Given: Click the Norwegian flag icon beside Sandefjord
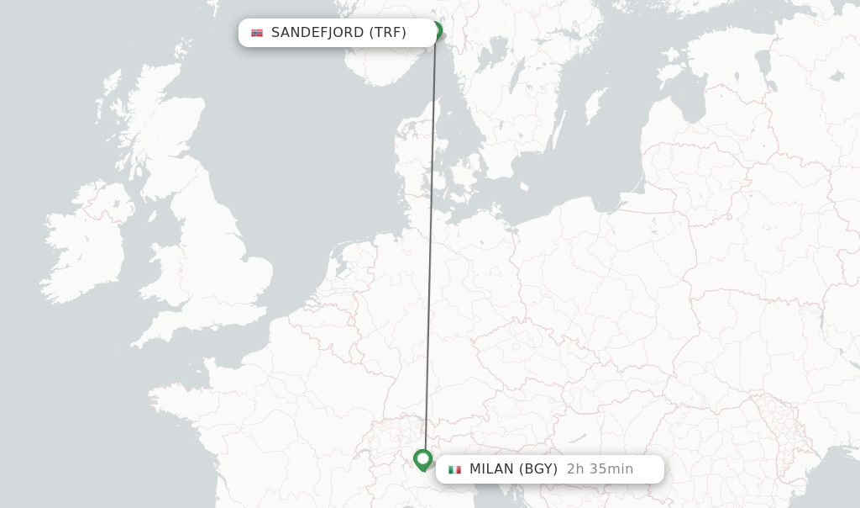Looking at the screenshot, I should [x=257, y=33].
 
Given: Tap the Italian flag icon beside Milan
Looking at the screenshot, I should [x=454, y=469].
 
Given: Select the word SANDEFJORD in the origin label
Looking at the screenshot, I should [x=317, y=33].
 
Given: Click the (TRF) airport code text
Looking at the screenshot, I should [x=387, y=33].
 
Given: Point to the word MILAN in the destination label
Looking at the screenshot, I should [x=491, y=469].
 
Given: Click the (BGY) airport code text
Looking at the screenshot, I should [x=538, y=469].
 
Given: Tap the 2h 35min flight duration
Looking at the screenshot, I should [x=600, y=469].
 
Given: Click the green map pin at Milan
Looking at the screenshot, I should [x=423, y=459].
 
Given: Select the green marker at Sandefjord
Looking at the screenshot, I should [x=436, y=31].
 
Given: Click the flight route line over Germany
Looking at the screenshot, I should [x=430, y=278].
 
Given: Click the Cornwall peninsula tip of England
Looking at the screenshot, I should [x=139, y=343].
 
